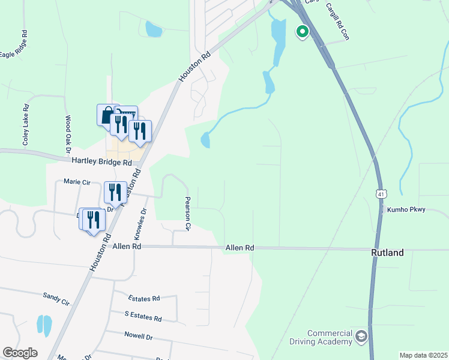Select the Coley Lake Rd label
coord(26,126)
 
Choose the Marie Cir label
coord(76,181)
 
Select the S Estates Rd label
coord(143,318)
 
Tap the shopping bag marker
coord(107,115)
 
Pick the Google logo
coord(20,353)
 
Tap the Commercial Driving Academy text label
coord(330,338)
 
